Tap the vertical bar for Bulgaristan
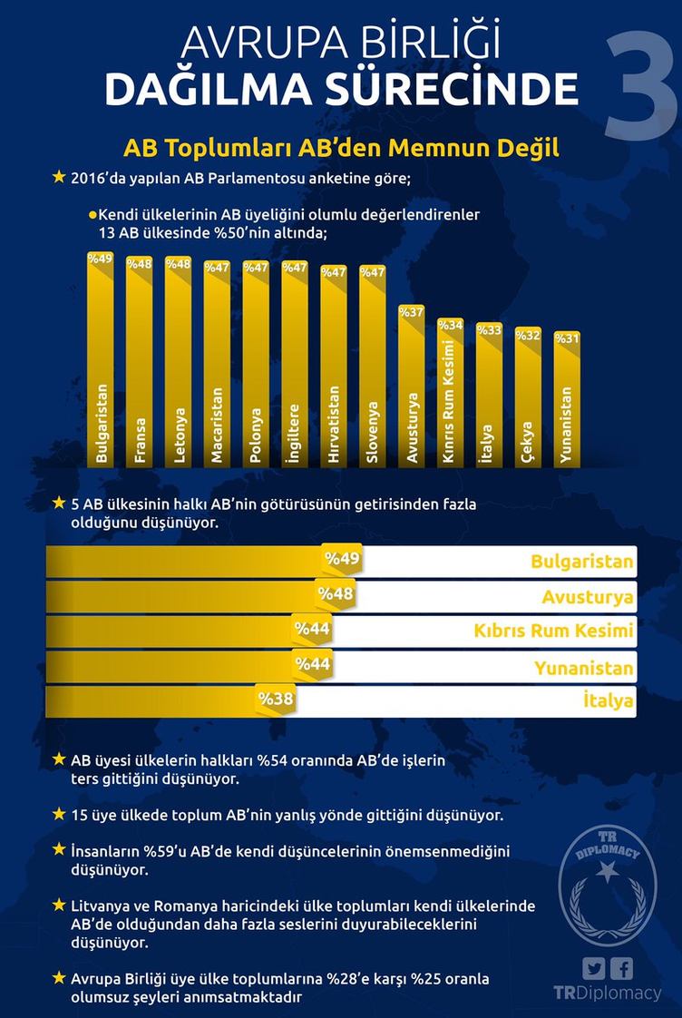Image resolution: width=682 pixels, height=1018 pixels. tap(100, 363)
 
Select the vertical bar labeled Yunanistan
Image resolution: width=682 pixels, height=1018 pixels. tap(568, 404)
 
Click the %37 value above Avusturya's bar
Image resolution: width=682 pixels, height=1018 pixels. tap(412, 313)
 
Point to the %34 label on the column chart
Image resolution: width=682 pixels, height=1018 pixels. tap(451, 325)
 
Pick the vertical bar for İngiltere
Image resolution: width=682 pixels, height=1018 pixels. tap(295, 363)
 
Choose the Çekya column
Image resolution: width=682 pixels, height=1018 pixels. tap(528, 399)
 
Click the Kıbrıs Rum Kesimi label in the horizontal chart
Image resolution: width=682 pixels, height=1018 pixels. tap(553, 631)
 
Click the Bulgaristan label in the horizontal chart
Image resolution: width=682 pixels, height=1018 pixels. tap(581, 562)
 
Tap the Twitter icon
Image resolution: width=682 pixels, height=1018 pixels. tap(594, 967)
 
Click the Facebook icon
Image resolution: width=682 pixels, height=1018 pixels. tap(622, 967)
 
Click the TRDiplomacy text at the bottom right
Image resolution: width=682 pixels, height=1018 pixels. tap(607, 993)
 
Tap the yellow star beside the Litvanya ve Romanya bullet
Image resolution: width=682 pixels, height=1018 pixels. tap(60, 905)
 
